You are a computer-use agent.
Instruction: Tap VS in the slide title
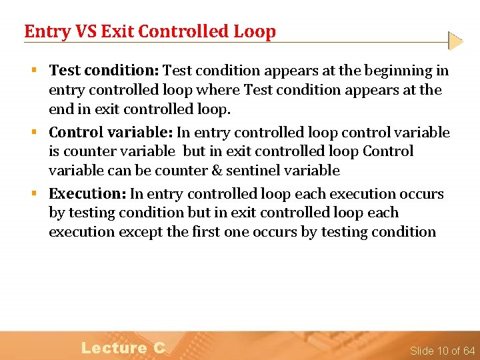[x=82, y=31]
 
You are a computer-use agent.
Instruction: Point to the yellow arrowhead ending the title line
[x=455, y=41]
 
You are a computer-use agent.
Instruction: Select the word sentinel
[x=253, y=171]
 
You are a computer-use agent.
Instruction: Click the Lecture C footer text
[x=123, y=347]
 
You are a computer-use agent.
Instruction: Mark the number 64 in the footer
[x=469, y=351]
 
